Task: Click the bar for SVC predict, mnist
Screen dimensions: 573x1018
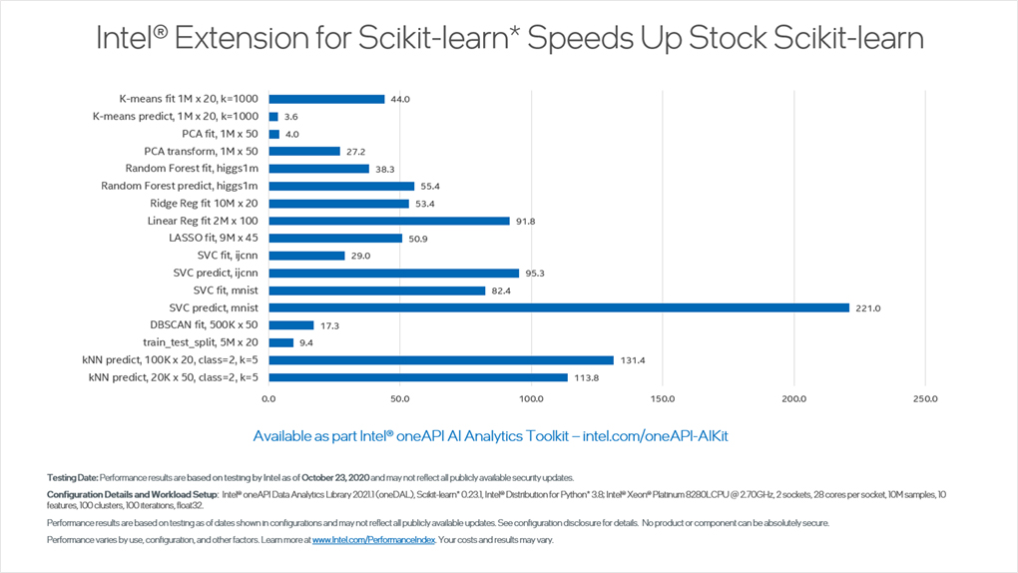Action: tap(559, 307)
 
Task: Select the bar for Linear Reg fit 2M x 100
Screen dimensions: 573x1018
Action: tap(389, 221)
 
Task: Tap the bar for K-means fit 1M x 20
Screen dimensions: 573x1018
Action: tap(326, 99)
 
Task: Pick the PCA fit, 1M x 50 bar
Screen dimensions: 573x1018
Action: tap(274, 134)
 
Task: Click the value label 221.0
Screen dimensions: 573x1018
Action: tap(867, 308)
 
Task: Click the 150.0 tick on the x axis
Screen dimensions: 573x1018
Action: tap(663, 399)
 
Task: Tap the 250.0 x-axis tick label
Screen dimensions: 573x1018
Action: tap(925, 399)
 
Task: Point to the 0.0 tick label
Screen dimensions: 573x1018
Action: tap(268, 399)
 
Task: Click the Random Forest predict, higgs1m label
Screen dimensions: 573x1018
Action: tap(180, 186)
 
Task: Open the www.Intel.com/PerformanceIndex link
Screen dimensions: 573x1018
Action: tap(374, 540)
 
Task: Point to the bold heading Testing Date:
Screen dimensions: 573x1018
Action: tap(72, 477)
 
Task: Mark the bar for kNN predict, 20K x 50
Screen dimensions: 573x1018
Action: tap(418, 377)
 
